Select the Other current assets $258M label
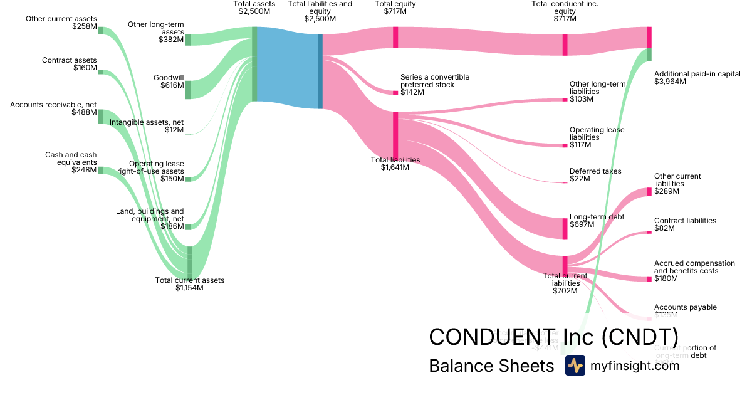tap(61, 23)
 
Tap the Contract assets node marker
tap(100, 72)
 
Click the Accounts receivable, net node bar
tap(100, 116)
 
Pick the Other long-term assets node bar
tap(188, 39)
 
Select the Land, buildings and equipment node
tap(188, 226)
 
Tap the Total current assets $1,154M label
tap(189, 284)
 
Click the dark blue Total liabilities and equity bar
tap(320, 71)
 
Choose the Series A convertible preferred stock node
tap(395, 93)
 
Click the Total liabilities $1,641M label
tap(395, 164)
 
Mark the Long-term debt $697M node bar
tap(565, 228)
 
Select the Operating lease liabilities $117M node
tap(565, 145)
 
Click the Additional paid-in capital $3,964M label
tap(697, 77)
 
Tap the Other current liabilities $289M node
tap(649, 191)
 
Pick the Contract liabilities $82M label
tap(685, 224)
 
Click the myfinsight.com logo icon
tap(575, 366)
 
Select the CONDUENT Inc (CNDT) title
tap(553, 336)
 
